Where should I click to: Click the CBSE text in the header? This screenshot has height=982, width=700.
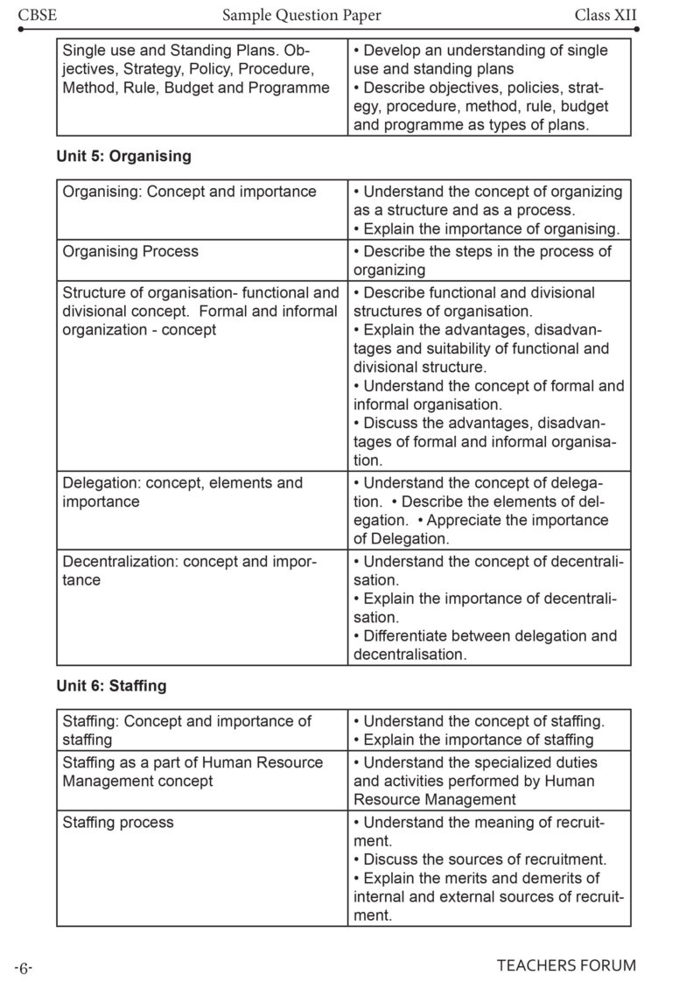click(33, 15)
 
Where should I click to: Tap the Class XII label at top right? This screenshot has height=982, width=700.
click(605, 15)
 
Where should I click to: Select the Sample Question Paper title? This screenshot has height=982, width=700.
click(301, 15)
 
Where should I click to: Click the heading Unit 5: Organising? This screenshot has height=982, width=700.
click(123, 156)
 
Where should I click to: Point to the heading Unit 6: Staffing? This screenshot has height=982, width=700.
click(111, 686)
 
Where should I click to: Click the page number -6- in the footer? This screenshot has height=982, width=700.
click(23, 967)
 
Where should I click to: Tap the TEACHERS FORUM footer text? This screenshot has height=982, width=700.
click(566, 965)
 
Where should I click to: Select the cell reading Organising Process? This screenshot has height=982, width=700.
click(130, 251)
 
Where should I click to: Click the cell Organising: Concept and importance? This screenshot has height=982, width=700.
click(189, 192)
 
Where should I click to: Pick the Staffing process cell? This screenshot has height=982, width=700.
click(118, 822)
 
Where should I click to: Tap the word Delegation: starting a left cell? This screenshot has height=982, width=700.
click(101, 483)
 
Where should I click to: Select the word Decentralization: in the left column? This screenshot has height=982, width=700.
click(120, 561)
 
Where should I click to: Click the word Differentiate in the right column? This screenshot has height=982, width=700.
click(409, 635)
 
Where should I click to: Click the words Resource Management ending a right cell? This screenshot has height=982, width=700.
click(435, 799)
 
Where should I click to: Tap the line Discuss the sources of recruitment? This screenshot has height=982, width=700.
click(484, 859)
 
